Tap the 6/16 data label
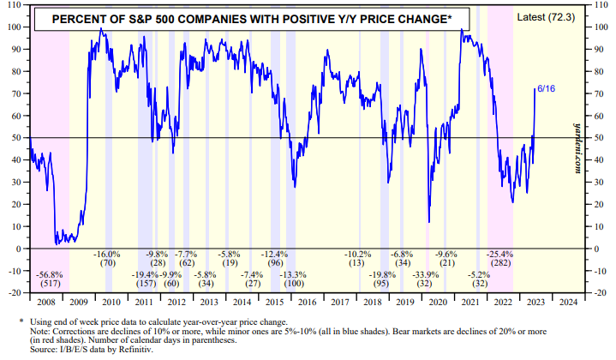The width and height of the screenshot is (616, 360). coord(546,87)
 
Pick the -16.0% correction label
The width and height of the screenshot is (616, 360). coord(107,255)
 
